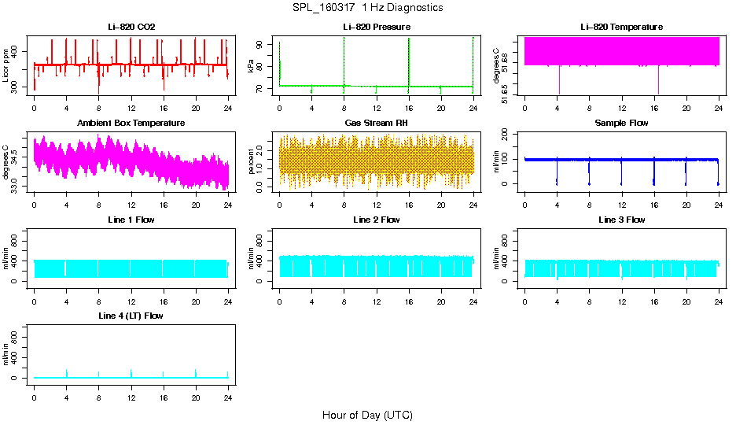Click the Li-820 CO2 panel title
click(131, 28)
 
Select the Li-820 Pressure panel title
click(377, 28)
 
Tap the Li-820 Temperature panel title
click(621, 28)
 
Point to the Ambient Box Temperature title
click(131, 124)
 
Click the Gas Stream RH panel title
click(377, 124)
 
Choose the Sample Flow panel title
click(621, 124)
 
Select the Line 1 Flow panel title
click(131, 220)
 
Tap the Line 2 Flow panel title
click(377, 220)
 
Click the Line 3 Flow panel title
click(621, 220)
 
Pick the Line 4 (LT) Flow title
click(131, 316)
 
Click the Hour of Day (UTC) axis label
click(367, 415)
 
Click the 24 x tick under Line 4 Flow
click(228, 391)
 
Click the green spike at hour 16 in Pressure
click(409, 63)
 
